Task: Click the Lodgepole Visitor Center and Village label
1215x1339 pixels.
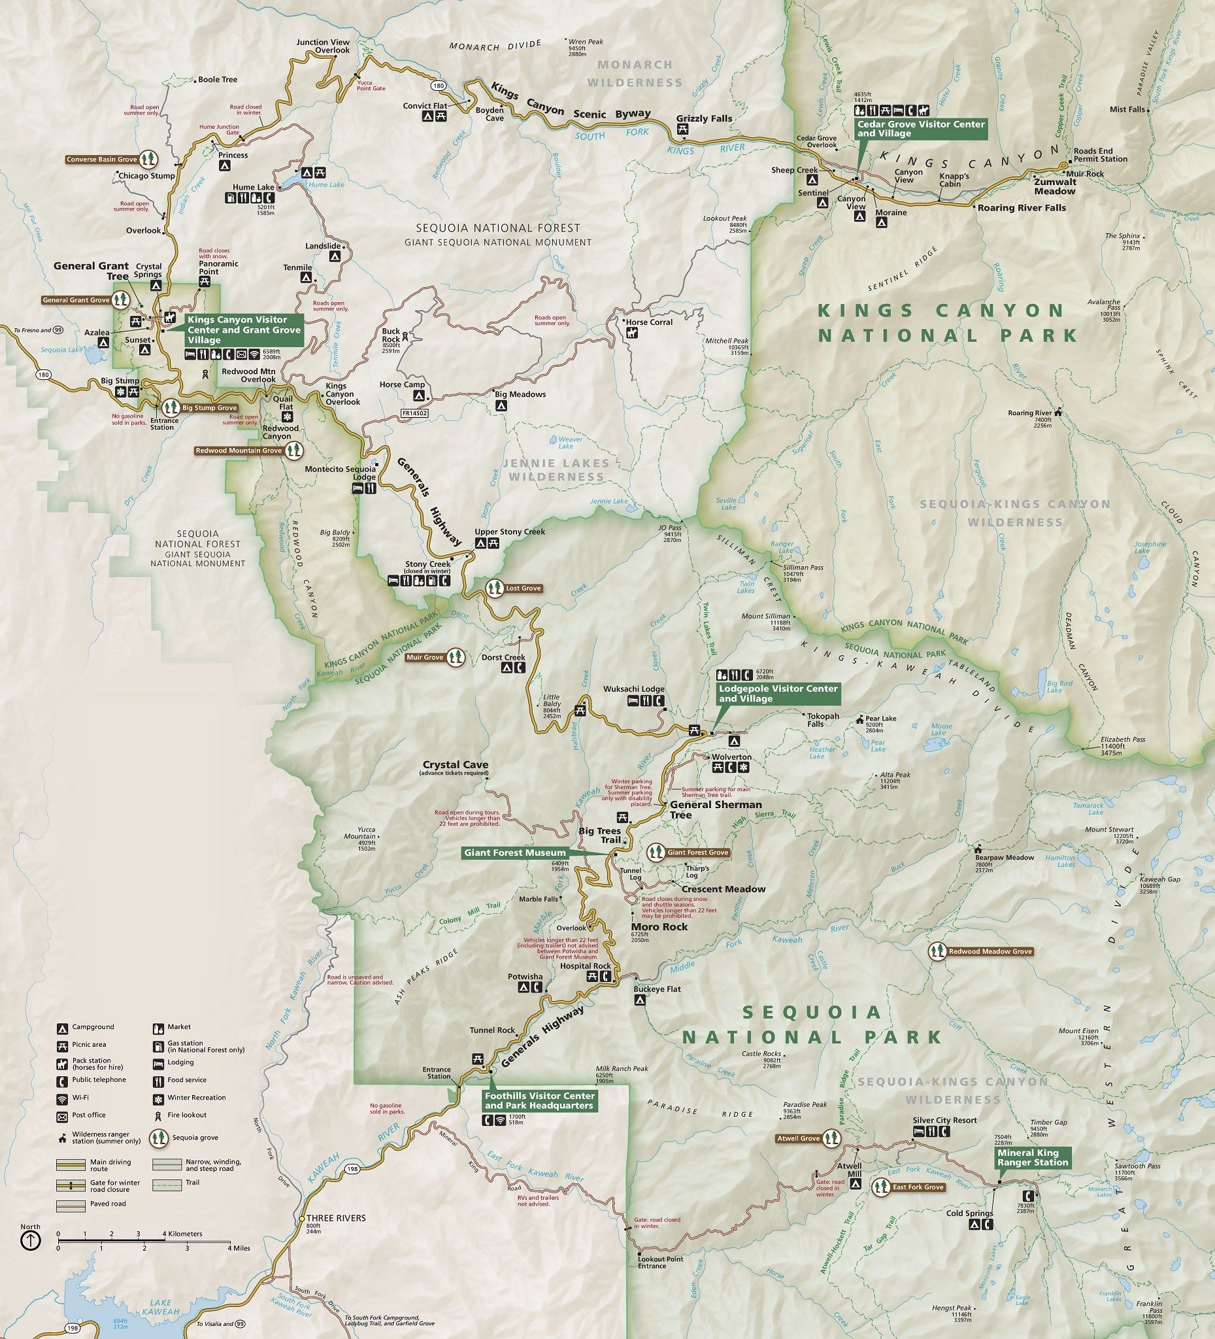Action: (x=778, y=694)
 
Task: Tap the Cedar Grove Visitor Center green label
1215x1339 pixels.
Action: (x=920, y=129)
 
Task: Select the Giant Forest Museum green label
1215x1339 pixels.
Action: (x=514, y=853)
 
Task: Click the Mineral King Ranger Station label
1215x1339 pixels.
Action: (x=1032, y=1158)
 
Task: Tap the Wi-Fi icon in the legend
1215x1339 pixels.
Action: (x=62, y=1098)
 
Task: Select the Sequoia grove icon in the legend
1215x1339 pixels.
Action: (x=158, y=1138)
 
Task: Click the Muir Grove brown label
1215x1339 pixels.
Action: (x=425, y=658)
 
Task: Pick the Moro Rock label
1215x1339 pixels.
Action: (x=659, y=926)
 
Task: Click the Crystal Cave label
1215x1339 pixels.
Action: (x=456, y=764)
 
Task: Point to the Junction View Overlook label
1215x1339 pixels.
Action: (x=323, y=46)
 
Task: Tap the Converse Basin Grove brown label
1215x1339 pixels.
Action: (x=101, y=160)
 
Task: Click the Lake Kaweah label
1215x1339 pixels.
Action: (x=161, y=1307)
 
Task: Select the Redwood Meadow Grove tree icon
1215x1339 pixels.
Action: (x=937, y=951)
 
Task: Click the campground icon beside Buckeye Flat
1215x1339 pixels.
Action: (x=640, y=1000)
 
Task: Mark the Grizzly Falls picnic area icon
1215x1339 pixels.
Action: (x=682, y=130)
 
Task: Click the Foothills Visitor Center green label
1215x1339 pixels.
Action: (x=539, y=1100)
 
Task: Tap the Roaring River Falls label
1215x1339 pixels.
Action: (x=1021, y=208)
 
